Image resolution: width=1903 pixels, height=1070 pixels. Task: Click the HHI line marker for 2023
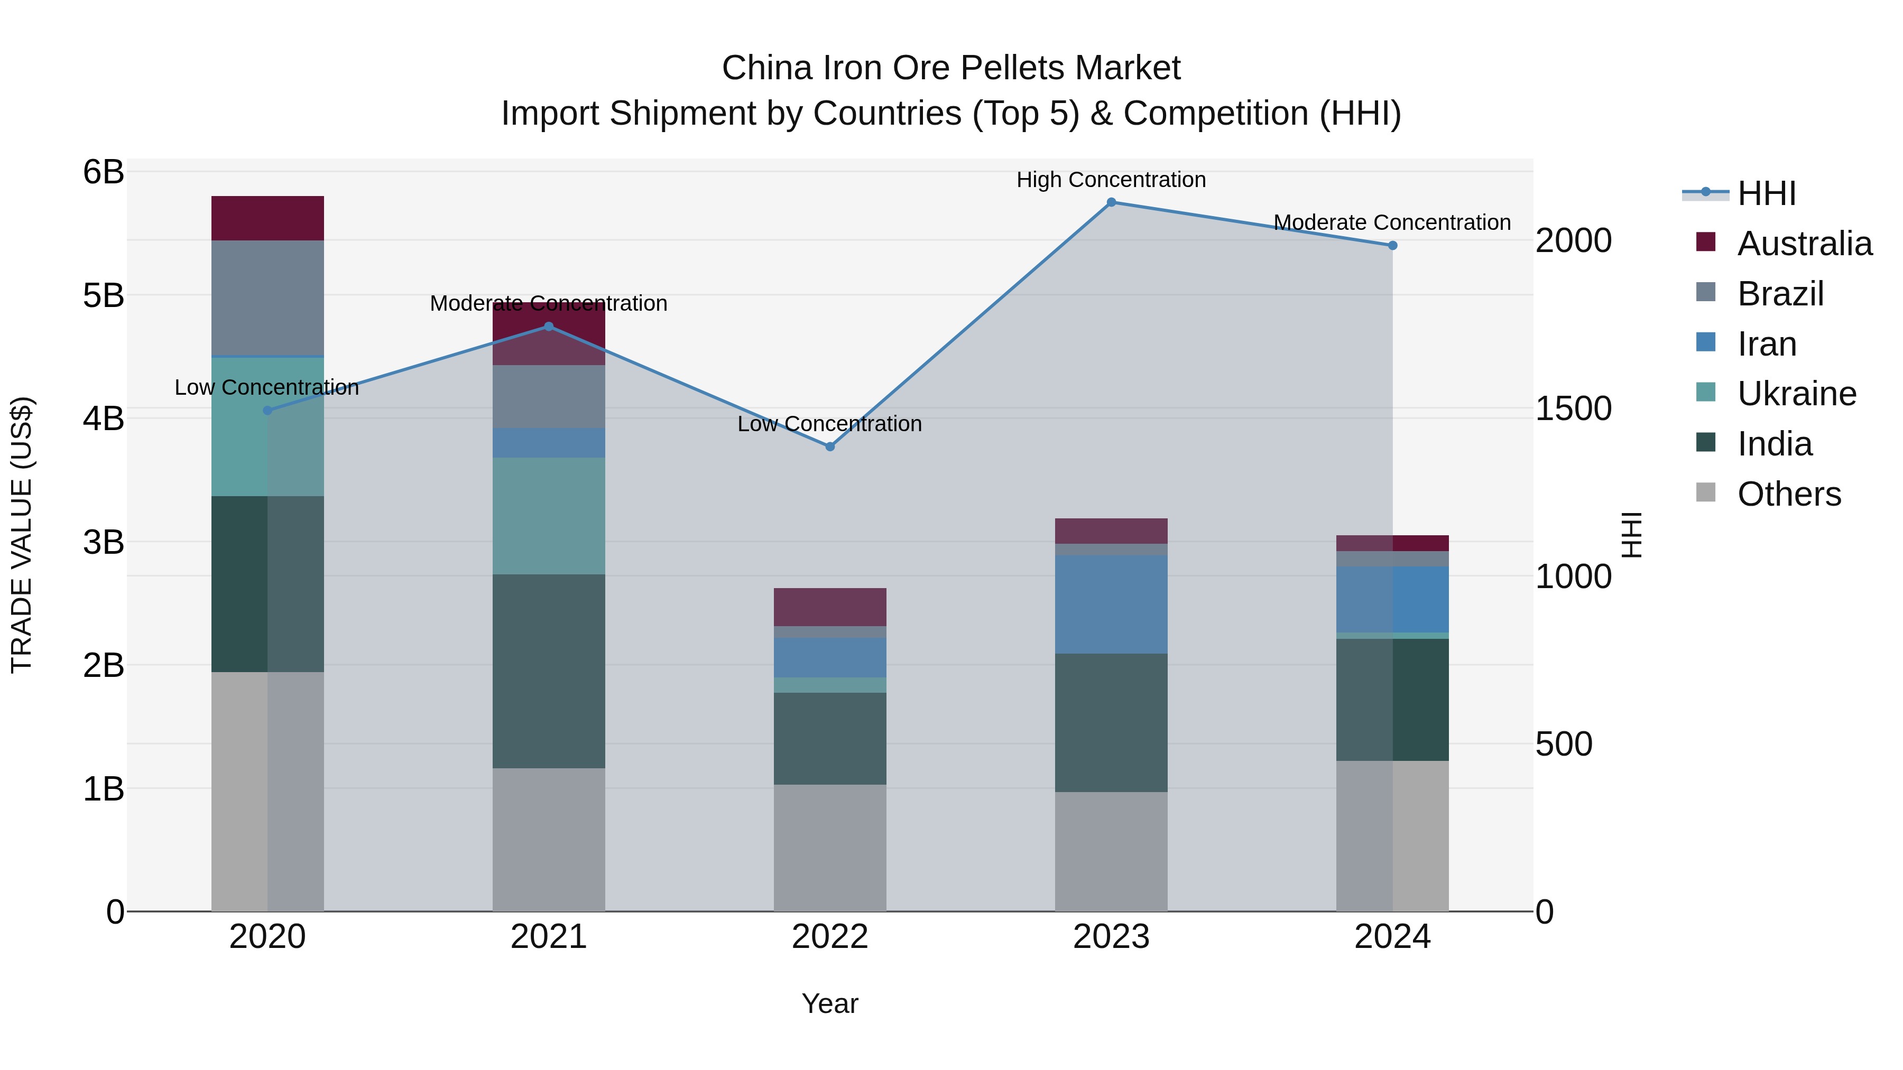click(1111, 202)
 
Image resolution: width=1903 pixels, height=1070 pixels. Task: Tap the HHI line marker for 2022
click(829, 446)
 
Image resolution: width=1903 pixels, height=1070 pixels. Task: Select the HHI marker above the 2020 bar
click(267, 411)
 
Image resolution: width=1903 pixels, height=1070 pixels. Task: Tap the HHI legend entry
click(1766, 193)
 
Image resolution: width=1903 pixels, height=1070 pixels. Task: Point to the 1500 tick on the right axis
click(1573, 408)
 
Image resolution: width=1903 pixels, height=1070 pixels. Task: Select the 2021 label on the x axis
click(548, 937)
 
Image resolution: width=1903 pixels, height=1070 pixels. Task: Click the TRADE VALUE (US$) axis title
click(22, 535)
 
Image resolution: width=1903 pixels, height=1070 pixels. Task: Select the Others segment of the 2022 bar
click(829, 847)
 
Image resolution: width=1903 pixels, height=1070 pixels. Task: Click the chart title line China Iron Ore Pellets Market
click(951, 68)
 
